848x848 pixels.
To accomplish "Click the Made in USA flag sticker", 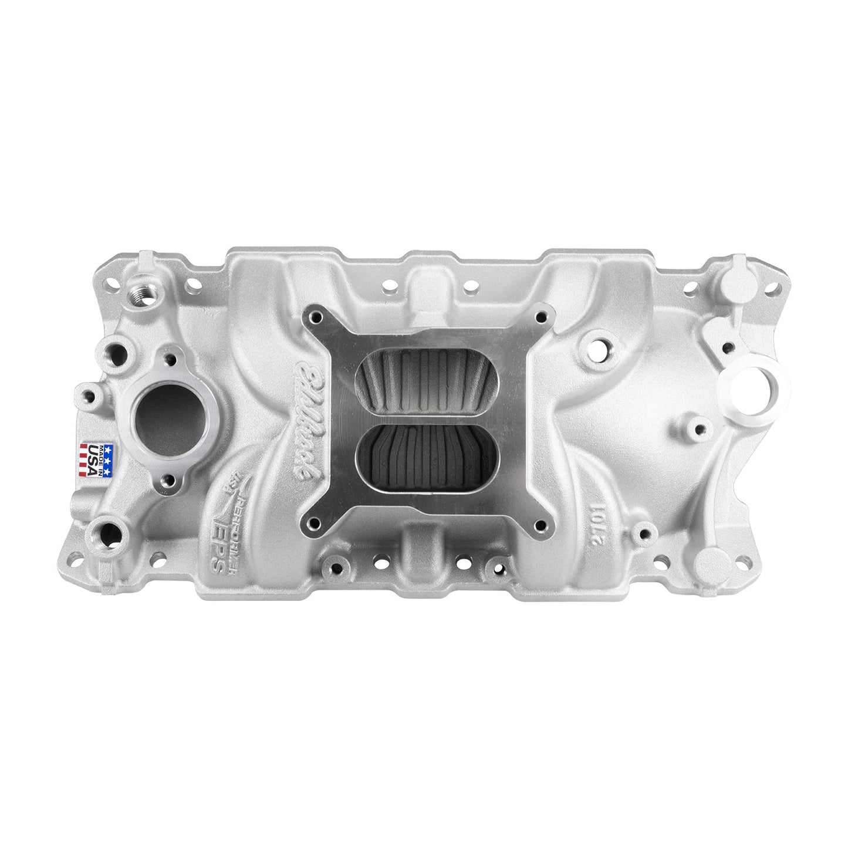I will click(x=93, y=460).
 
